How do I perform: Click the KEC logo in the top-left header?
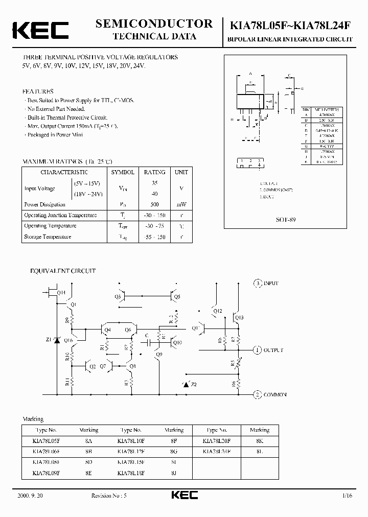point(40,30)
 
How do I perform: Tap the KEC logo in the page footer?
point(183,495)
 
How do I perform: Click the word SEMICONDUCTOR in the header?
point(154,24)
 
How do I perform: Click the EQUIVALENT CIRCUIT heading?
point(63,271)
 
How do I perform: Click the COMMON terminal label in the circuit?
point(275,394)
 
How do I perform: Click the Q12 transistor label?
point(217,311)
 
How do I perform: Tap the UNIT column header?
point(180,172)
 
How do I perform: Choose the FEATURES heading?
point(38,91)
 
